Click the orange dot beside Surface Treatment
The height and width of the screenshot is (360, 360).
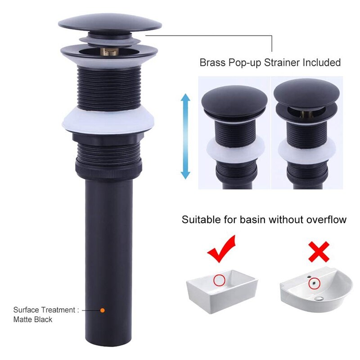click(x=102, y=310)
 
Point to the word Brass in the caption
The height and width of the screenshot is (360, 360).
click(x=212, y=63)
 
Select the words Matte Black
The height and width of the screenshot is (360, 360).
click(x=33, y=319)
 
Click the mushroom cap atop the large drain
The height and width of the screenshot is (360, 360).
click(x=110, y=22)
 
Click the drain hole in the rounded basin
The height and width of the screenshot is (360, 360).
click(x=319, y=298)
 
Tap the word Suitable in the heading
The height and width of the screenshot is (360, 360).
click(x=199, y=220)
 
